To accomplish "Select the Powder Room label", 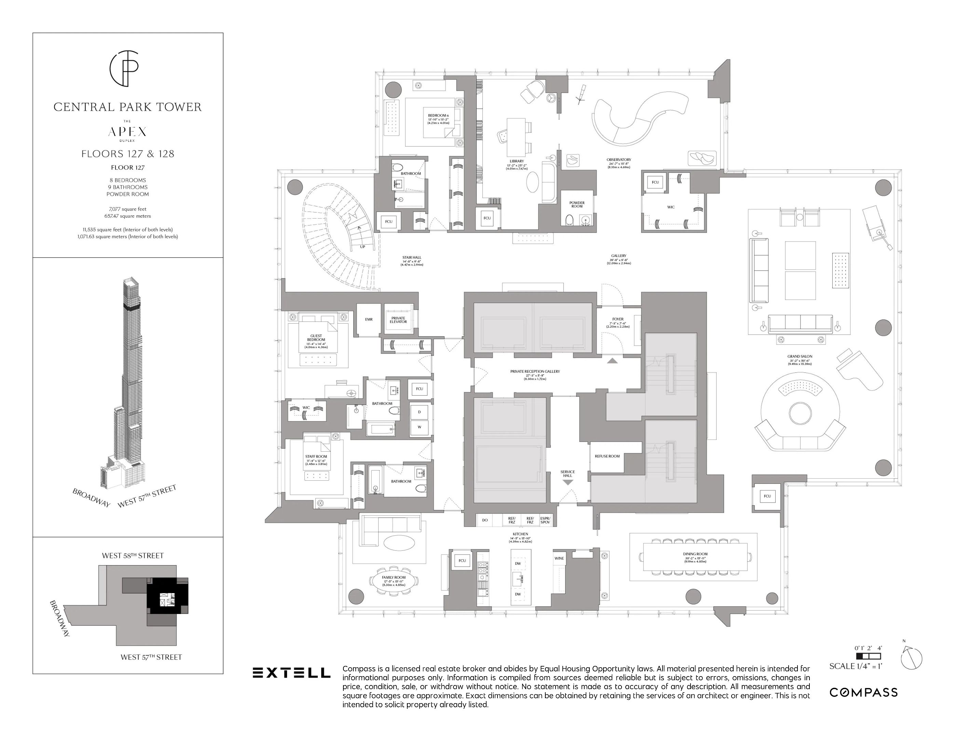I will (x=577, y=204).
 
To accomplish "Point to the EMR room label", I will (x=369, y=319).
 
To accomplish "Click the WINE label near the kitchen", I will (x=559, y=558).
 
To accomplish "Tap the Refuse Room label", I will (x=607, y=456).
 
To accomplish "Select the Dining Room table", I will (x=695, y=557).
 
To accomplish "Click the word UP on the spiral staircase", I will (x=363, y=247).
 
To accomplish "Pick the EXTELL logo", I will (x=291, y=672).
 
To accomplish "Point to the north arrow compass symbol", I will (x=911, y=658).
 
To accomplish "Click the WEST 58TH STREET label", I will (x=133, y=556).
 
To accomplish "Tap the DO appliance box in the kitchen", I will (x=485, y=520).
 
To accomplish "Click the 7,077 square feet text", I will (x=128, y=209).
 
